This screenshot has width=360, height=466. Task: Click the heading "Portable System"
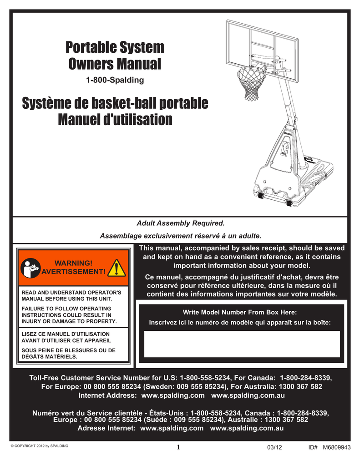click(x=115, y=47)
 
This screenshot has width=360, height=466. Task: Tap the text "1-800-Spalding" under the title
click(x=115, y=81)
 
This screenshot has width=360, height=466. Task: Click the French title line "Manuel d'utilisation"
click(x=115, y=120)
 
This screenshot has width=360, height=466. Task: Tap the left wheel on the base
click(x=261, y=196)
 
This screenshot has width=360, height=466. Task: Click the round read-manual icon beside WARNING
click(x=30, y=268)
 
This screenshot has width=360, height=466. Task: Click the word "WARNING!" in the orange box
click(x=73, y=263)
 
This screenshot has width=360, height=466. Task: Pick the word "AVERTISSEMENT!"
click(x=73, y=272)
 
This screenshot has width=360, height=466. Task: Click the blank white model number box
click(x=242, y=344)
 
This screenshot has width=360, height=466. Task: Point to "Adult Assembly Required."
click(x=181, y=223)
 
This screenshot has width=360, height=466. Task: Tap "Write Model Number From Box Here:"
click(x=239, y=312)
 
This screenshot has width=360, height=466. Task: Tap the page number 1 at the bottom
click(x=179, y=447)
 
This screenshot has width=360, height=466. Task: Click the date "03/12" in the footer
click(x=274, y=447)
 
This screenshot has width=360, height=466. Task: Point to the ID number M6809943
click(x=337, y=447)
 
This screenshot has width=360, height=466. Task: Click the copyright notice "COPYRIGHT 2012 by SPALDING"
click(x=41, y=446)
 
